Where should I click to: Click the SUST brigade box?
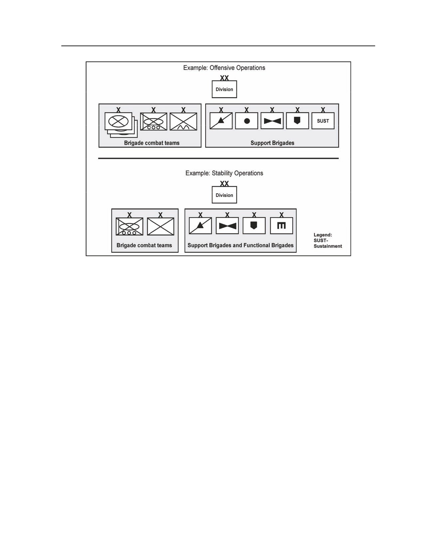[x=323, y=121]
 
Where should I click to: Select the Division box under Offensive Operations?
[x=224, y=89]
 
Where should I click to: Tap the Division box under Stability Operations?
[x=224, y=195]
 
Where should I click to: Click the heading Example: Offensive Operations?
[x=224, y=68]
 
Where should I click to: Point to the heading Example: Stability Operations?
[x=224, y=173]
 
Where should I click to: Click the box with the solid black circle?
[x=246, y=121]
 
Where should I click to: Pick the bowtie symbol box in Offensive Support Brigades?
[x=272, y=121]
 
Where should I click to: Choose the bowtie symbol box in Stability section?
[x=227, y=226]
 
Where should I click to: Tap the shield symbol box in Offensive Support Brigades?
[x=298, y=121]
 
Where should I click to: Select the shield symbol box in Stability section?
[x=254, y=226]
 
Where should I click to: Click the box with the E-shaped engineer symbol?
[x=281, y=226]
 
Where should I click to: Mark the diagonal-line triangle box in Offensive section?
[x=221, y=121]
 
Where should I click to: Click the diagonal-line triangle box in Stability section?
[x=200, y=226]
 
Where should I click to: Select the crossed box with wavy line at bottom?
[x=183, y=121]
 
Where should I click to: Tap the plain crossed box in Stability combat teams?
[x=160, y=226]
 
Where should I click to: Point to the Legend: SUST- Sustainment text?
[x=328, y=241]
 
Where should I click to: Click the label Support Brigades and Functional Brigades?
[x=240, y=245]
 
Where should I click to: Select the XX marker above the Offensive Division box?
[x=224, y=78]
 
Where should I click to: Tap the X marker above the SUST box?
[x=323, y=110]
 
